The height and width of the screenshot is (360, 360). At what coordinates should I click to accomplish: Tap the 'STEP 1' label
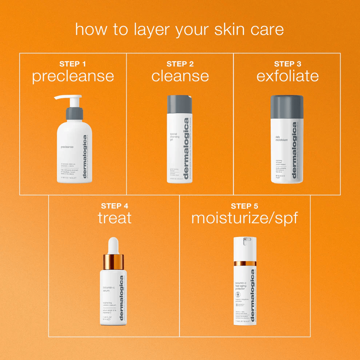(73, 64)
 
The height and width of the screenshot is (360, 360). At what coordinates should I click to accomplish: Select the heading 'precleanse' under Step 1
(73, 76)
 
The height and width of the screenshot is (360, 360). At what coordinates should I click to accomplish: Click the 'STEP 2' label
(180, 64)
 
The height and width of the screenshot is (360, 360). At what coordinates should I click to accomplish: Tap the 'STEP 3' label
(287, 64)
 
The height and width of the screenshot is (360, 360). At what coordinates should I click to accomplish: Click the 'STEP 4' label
(115, 206)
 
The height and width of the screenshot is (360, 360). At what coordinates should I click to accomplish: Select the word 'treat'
(115, 218)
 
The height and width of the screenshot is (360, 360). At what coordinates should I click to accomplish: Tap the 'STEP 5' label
(244, 206)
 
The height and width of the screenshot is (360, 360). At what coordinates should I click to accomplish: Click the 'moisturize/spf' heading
(244, 218)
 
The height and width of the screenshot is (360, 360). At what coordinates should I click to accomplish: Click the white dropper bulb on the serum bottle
(113, 245)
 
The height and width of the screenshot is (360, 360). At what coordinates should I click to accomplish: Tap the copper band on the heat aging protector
(245, 263)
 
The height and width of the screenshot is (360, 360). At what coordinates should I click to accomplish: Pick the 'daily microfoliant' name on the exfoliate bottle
(281, 139)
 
